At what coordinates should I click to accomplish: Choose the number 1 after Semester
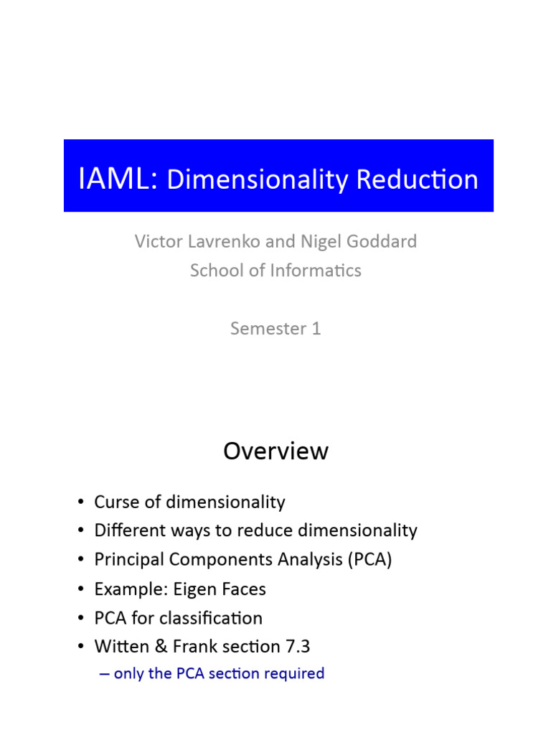pos(316,328)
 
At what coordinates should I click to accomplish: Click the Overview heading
pos(275,451)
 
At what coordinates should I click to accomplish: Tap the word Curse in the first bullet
pos(114,502)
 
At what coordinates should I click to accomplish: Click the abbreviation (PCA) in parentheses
pos(370,559)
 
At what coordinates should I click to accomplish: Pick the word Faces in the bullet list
pos(244,589)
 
